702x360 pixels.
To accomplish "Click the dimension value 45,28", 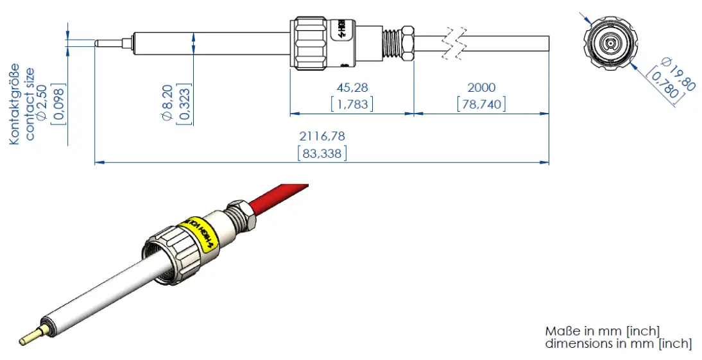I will tap(352, 87).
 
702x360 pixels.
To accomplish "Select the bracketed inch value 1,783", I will tap(352, 103).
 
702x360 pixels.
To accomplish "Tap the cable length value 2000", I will tap(481, 87).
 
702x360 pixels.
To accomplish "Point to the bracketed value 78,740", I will tap(481, 103).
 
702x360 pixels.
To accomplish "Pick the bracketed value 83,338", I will tap(322, 153).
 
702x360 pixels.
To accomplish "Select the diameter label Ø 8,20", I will tap(169, 103).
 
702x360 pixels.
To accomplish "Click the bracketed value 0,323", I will tap(185, 103).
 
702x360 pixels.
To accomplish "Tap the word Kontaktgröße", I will tap(15, 103).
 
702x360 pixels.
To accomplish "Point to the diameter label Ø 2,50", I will tap(42, 103).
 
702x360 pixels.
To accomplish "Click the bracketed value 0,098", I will tap(57, 103).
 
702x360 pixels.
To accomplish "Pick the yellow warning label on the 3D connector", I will tap(200, 233).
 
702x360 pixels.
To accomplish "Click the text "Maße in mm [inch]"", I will tap(602, 331).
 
